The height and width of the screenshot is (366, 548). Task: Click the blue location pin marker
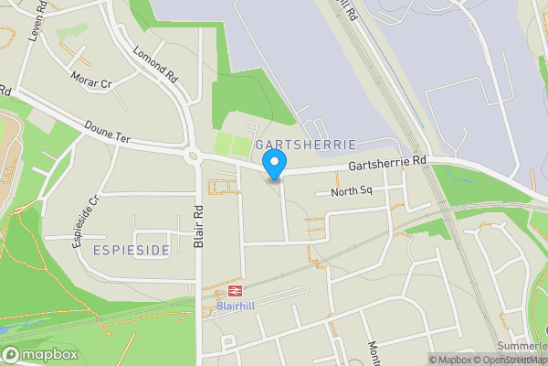(x=274, y=165)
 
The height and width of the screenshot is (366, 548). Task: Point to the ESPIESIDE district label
(x=131, y=250)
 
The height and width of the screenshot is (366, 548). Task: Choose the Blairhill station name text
(x=237, y=307)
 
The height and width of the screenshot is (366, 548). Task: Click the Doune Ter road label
(x=108, y=131)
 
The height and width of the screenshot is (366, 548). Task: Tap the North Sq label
(x=352, y=191)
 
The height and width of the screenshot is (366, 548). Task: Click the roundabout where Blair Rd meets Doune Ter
(x=194, y=156)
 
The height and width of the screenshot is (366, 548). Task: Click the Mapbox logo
(x=39, y=354)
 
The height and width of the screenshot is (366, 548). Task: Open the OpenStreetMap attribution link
(x=511, y=360)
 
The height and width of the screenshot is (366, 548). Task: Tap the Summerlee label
(x=522, y=346)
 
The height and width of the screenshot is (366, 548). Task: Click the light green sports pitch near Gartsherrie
(x=232, y=145)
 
